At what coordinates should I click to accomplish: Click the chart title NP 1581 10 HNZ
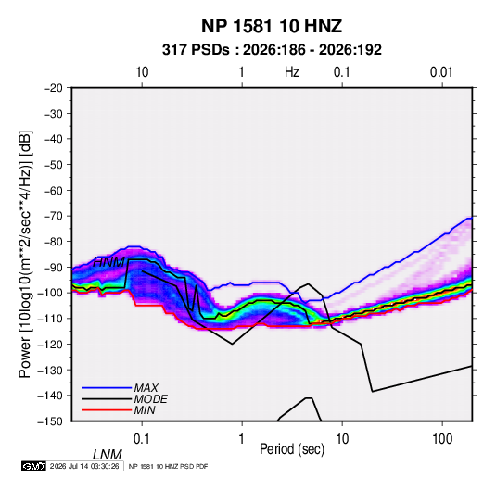click(x=272, y=26)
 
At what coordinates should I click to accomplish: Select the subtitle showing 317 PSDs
click(x=272, y=50)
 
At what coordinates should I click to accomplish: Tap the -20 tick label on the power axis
click(x=53, y=88)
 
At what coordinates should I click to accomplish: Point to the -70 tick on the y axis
click(x=53, y=216)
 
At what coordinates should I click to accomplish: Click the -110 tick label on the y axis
click(x=51, y=319)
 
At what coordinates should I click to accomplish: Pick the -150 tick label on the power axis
click(x=51, y=421)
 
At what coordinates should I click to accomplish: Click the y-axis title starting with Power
click(x=25, y=255)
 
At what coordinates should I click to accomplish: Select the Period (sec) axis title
click(x=292, y=449)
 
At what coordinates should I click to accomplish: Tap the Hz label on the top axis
click(x=292, y=72)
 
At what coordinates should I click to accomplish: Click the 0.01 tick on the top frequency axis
click(x=441, y=72)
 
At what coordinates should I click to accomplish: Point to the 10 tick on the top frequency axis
click(x=142, y=72)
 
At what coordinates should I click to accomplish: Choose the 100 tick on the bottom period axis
click(x=442, y=439)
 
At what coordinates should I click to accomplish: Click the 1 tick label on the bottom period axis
click(x=242, y=439)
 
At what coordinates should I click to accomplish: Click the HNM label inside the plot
click(x=108, y=262)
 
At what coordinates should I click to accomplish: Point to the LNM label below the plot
click(x=108, y=455)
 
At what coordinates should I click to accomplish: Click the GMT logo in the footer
click(x=34, y=466)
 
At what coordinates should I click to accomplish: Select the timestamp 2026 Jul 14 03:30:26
click(x=84, y=466)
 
